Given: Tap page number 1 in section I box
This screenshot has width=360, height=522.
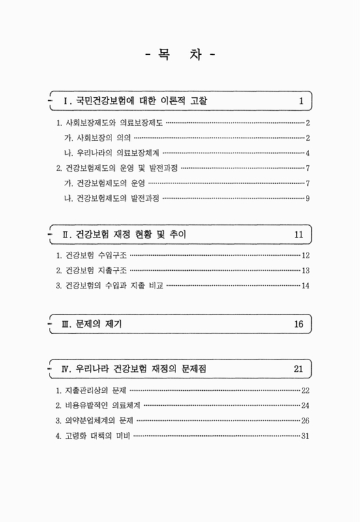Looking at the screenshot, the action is tap(301, 101).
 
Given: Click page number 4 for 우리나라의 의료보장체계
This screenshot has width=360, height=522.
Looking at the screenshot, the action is tap(307, 153).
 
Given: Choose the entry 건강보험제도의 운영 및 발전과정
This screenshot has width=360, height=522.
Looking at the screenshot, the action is tap(117, 168).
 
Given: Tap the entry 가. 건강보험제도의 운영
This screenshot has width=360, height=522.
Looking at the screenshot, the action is tap(109, 183).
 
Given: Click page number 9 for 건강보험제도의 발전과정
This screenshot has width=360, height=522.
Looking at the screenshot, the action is tap(307, 198).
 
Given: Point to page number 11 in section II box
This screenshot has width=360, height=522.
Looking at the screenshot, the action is tap(299, 234).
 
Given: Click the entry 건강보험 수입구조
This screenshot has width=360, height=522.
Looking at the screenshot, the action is tap(92, 256).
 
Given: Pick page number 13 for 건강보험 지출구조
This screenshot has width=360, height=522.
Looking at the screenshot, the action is tap(305, 271).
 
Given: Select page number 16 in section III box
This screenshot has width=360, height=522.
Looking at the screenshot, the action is tap(299, 324).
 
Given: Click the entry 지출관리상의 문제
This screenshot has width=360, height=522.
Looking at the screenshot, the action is tap(92, 391).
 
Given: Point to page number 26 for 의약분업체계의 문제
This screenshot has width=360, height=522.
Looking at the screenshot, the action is tap(305, 421).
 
